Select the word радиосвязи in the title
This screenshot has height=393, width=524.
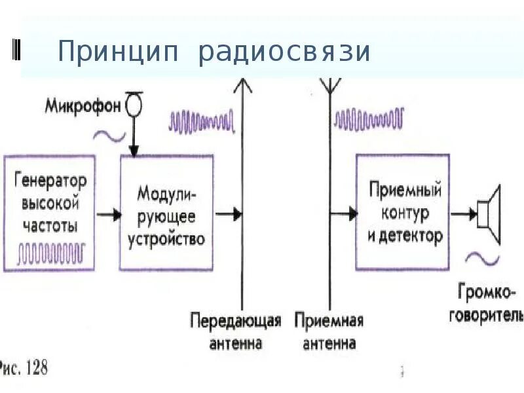[x=284, y=52]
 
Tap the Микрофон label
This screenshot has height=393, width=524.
[x=83, y=105]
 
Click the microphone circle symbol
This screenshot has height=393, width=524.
[x=134, y=105]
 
